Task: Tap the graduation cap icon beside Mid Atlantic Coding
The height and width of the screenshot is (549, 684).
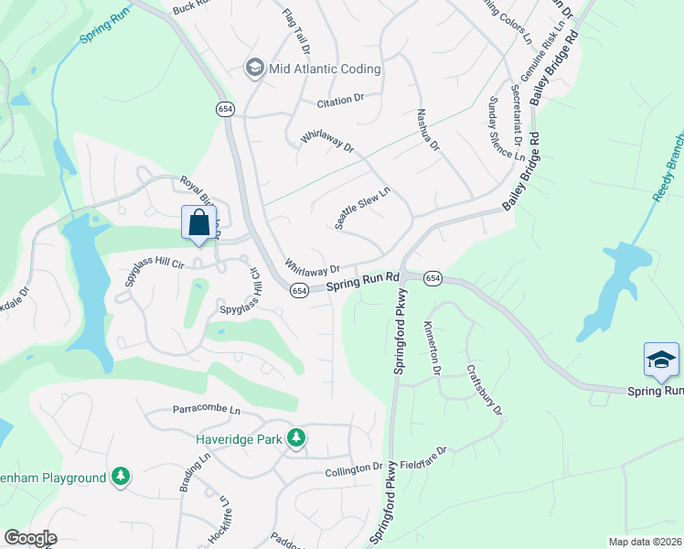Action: click(x=253, y=68)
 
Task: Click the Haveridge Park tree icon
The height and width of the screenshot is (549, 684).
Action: click(x=295, y=438)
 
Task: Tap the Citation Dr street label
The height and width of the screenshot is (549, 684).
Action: click(x=340, y=98)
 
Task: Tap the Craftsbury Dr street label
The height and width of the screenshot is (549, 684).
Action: click(x=485, y=391)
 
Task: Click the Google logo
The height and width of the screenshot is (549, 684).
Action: click(x=30, y=538)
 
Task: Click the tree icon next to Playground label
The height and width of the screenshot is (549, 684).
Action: click(x=120, y=477)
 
